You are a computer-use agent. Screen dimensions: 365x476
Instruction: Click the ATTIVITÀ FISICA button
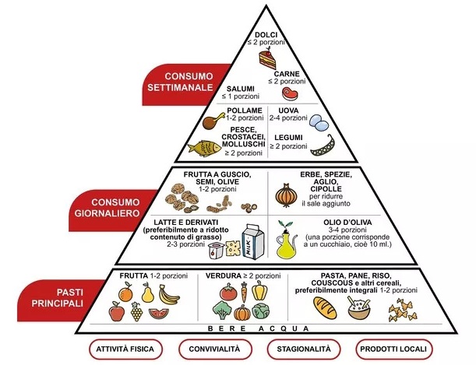(125, 347)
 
